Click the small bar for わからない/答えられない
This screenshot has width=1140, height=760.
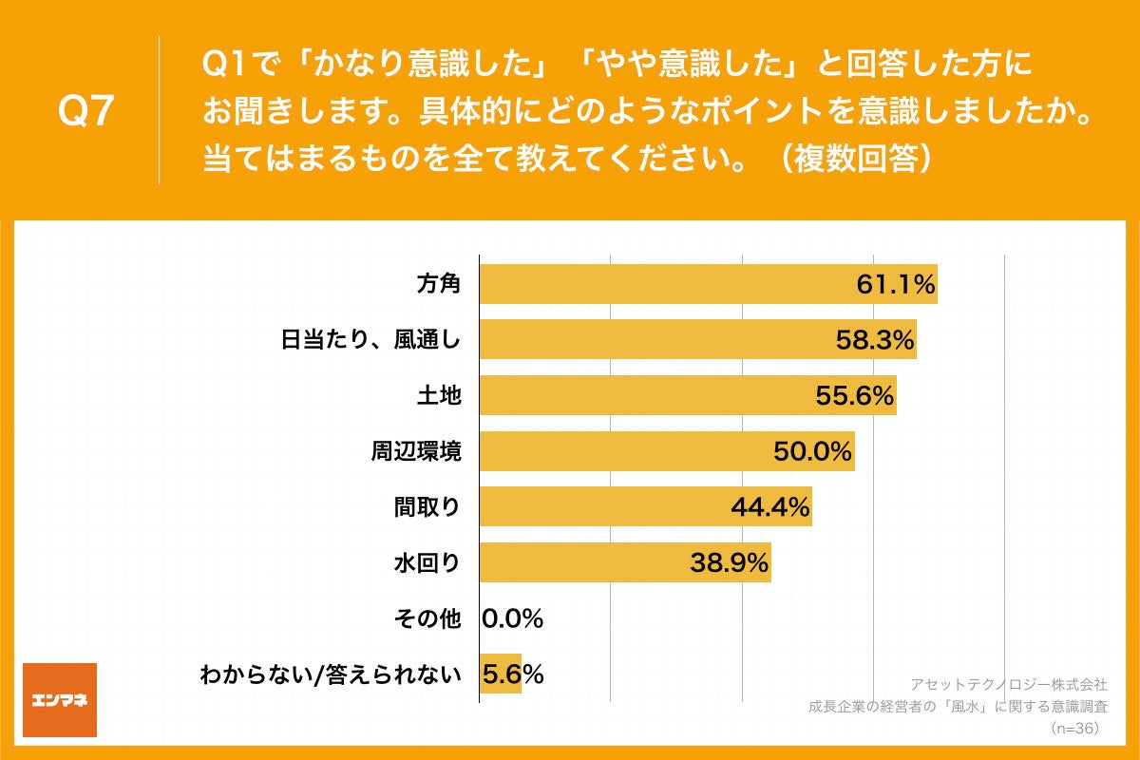(x=500, y=674)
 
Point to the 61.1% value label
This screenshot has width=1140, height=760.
(x=895, y=284)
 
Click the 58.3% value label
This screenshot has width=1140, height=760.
(x=874, y=339)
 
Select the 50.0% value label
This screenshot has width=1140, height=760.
(x=812, y=451)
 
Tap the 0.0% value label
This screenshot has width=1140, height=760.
(x=513, y=619)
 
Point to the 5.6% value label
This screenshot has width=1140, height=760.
(x=513, y=674)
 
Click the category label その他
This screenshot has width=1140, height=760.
(x=427, y=619)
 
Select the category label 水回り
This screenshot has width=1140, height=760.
(x=427, y=563)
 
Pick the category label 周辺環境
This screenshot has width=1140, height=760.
(x=416, y=451)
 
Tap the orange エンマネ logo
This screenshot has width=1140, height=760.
(x=59, y=700)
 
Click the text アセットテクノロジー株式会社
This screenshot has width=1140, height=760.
(x=1009, y=684)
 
